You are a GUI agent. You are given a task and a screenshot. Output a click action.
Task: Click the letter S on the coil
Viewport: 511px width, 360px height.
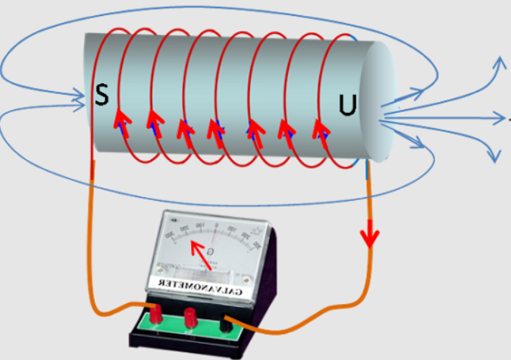click(102, 95)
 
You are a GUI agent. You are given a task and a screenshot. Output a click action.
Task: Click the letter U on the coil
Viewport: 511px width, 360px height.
click(347, 105)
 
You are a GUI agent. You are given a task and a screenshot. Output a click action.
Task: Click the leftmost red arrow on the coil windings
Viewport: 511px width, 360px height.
click(120, 119)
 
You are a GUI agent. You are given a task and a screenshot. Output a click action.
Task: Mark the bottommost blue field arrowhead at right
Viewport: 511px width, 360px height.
click(496, 157)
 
